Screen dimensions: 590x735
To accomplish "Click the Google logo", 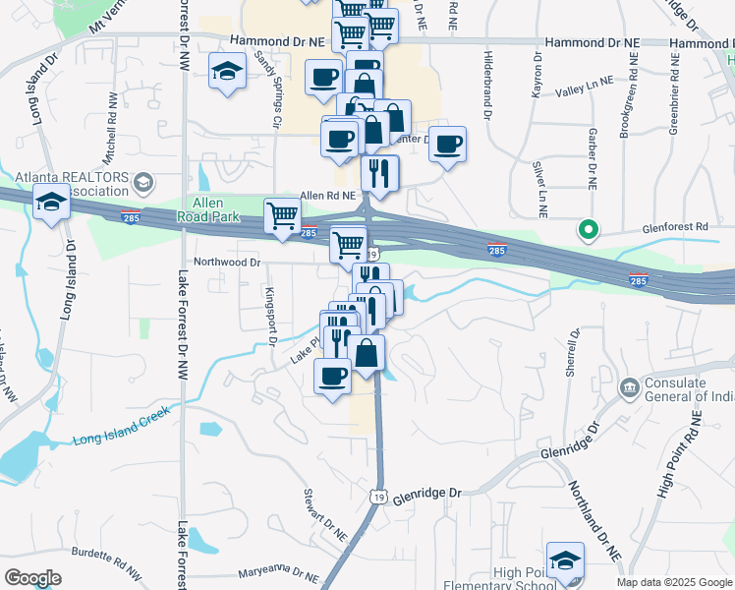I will tap(32, 578).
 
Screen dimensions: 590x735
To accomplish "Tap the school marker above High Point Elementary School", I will tap(565, 560).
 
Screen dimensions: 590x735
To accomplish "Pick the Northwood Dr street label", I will tap(227, 263).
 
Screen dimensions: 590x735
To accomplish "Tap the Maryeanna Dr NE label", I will tap(281, 573).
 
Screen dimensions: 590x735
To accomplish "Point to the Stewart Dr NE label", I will tap(324, 516).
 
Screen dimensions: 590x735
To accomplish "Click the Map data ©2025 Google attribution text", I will tap(674, 582).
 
